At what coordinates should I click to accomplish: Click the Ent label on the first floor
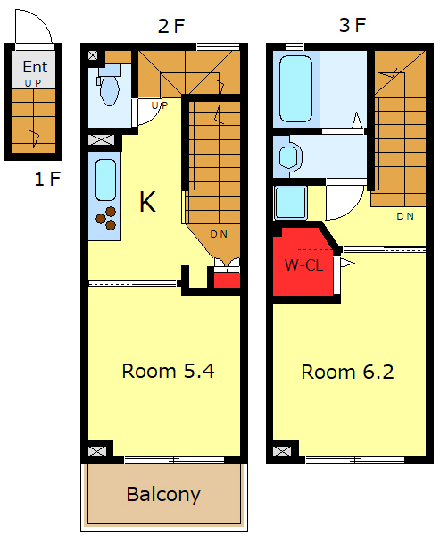(x=35, y=67)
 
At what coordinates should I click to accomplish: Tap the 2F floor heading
(x=171, y=26)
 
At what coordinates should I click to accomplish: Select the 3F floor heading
(x=353, y=25)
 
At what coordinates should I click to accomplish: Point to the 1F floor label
(x=47, y=179)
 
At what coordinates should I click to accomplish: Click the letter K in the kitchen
(x=147, y=202)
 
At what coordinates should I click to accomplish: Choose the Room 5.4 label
(x=169, y=371)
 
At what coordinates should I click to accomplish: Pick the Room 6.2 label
(x=347, y=372)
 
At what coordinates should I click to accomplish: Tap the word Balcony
(x=163, y=494)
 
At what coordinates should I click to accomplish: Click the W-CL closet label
(x=303, y=265)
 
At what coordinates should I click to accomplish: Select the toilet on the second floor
(x=109, y=86)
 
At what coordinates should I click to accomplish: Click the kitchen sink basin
(x=105, y=180)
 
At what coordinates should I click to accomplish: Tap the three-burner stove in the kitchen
(x=106, y=219)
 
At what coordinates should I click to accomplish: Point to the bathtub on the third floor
(x=295, y=89)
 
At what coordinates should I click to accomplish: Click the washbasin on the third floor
(x=290, y=157)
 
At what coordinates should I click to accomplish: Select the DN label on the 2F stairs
(x=219, y=234)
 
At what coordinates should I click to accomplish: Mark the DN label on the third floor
(x=405, y=216)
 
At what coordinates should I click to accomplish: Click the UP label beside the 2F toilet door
(x=160, y=105)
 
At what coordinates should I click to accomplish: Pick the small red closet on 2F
(x=227, y=280)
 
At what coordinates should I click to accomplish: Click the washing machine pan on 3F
(x=290, y=203)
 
